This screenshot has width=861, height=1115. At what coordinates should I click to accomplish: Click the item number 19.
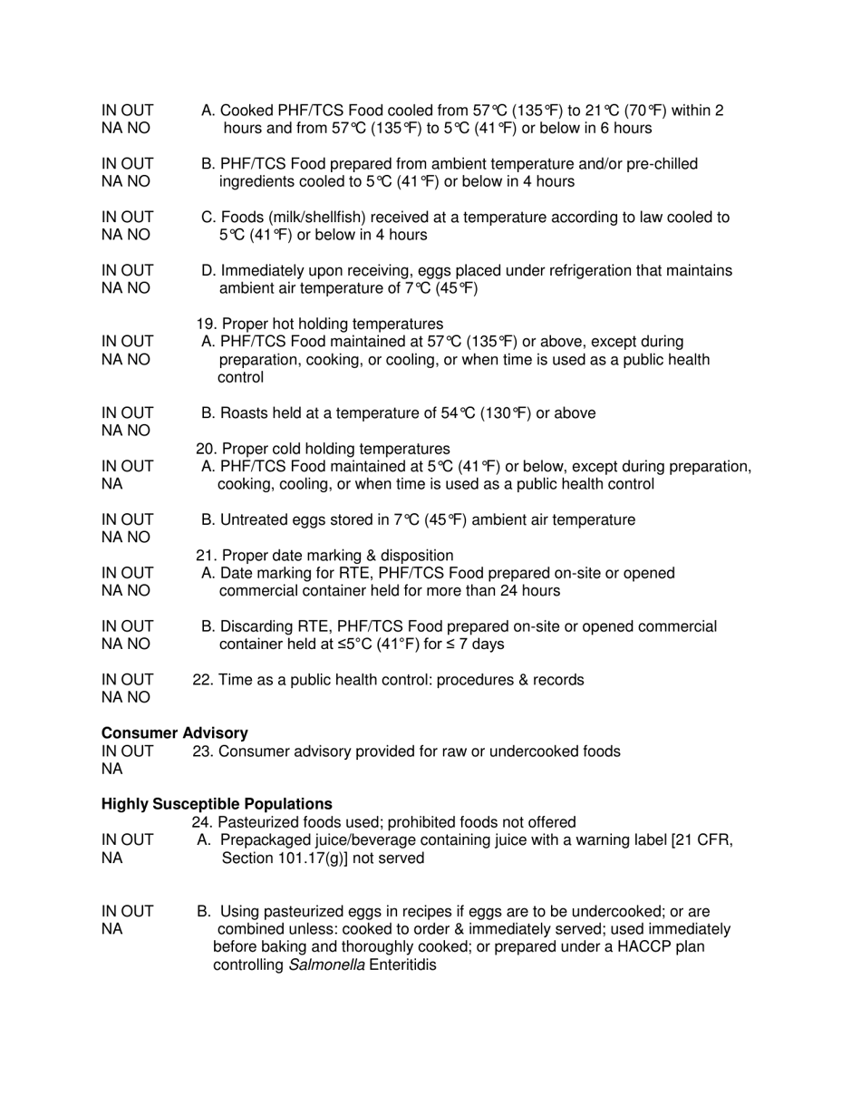point(206,325)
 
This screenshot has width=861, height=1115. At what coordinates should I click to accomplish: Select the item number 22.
point(202,680)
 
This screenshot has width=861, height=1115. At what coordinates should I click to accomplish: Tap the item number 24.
point(202,822)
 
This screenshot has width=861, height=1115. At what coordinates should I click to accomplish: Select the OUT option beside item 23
point(137,751)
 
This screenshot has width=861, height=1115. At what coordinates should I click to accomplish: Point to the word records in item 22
point(557,680)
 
